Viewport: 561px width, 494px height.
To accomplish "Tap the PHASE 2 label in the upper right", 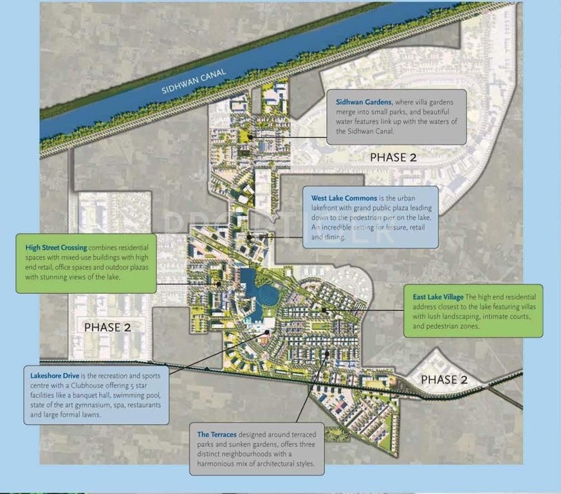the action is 397,157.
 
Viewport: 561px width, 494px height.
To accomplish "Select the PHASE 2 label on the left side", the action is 107,327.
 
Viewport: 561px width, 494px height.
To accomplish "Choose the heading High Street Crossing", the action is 57,247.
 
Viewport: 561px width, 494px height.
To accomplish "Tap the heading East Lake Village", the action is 437,297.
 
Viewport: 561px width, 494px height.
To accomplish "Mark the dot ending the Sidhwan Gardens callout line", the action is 251,136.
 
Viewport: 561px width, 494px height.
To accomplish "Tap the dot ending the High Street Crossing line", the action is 219,283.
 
